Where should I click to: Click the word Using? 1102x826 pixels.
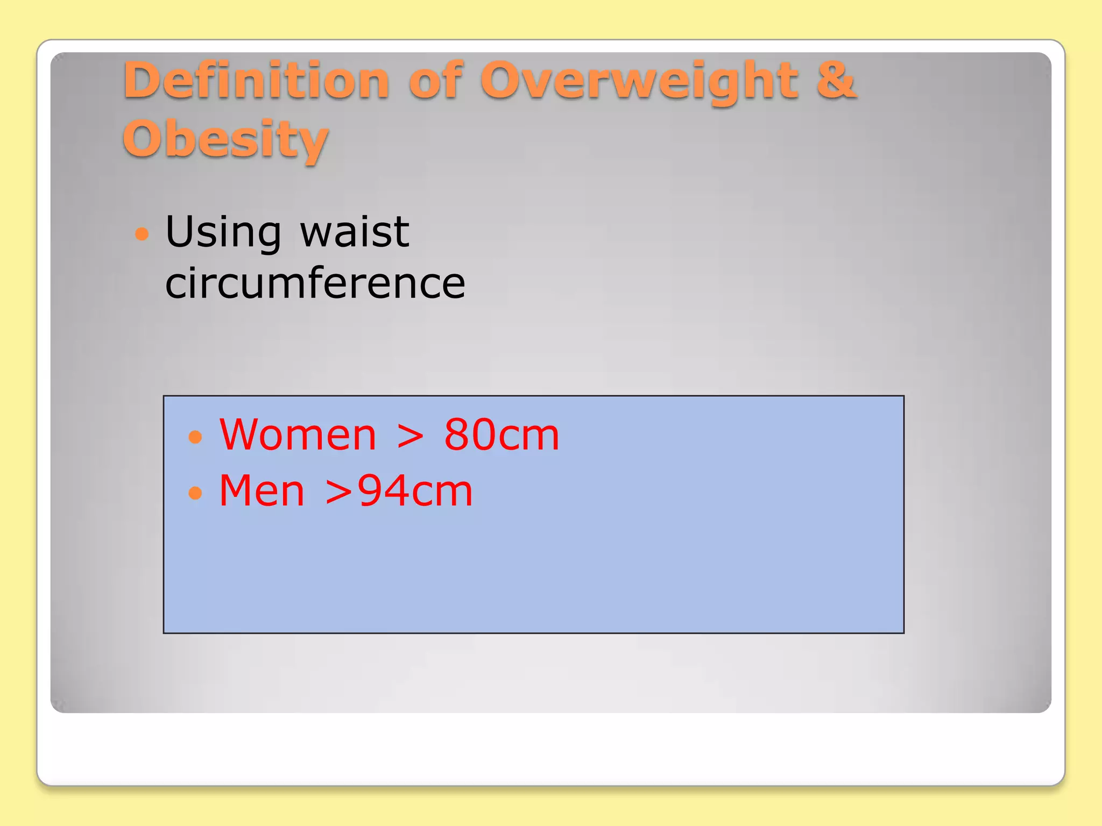(223, 232)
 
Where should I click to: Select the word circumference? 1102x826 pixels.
(315, 283)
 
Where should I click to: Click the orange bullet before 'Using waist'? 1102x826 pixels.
(142, 234)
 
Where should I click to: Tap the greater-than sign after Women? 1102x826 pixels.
(410, 436)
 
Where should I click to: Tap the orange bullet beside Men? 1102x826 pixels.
(195, 493)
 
